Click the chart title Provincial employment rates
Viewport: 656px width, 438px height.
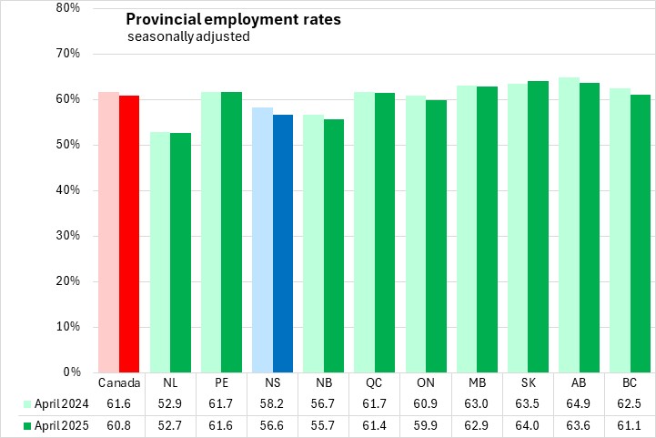[233, 19]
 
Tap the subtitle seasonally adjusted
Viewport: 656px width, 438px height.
[187, 37]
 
